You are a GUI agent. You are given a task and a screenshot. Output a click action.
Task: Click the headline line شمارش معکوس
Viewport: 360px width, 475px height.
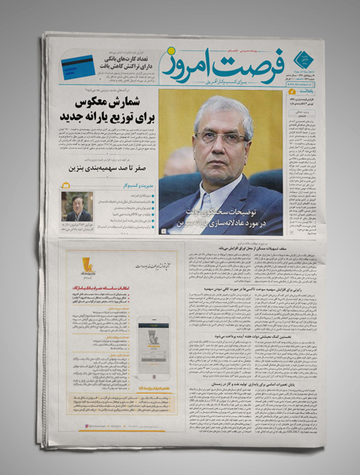point(116,103)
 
